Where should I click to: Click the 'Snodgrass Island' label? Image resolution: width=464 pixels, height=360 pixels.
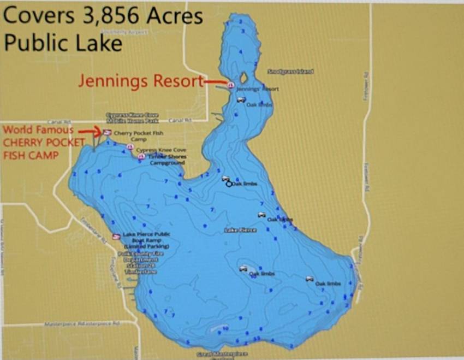[290, 72]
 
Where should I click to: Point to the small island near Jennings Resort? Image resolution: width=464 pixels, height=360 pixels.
[243, 78]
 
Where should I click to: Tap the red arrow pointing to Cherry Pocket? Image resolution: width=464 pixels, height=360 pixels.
[88, 131]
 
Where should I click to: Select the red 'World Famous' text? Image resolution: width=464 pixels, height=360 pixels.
[38, 130]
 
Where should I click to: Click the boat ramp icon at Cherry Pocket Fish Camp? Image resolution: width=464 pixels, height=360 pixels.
[108, 133]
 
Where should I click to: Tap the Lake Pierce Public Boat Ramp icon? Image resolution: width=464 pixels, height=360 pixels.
[116, 237]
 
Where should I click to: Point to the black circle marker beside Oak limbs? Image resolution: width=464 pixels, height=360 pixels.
[229, 184]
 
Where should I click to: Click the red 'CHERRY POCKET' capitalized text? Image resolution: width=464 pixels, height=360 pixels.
[44, 143]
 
